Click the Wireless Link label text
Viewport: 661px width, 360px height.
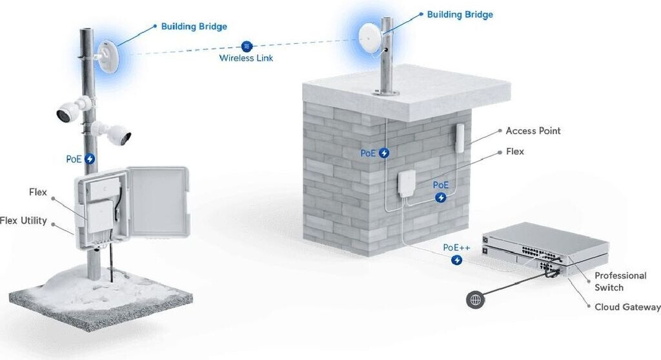tap(246, 58)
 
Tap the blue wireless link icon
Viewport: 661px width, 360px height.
tap(246, 46)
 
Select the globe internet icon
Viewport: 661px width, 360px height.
tap(476, 299)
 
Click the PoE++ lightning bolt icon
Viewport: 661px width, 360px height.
tap(457, 260)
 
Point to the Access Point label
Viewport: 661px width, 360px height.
tap(533, 131)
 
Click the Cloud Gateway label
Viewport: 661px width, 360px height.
tap(627, 306)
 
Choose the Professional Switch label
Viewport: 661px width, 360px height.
tap(620, 281)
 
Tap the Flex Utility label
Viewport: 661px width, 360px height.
tap(24, 221)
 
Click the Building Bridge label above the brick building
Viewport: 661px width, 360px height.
tap(460, 14)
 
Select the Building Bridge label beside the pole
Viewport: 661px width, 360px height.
tap(194, 26)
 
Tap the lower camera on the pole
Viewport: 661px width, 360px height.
tap(116, 134)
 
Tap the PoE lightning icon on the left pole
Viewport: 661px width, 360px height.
tap(90, 158)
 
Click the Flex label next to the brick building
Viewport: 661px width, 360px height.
tap(515, 152)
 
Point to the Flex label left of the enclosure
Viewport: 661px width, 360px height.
tap(38, 192)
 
